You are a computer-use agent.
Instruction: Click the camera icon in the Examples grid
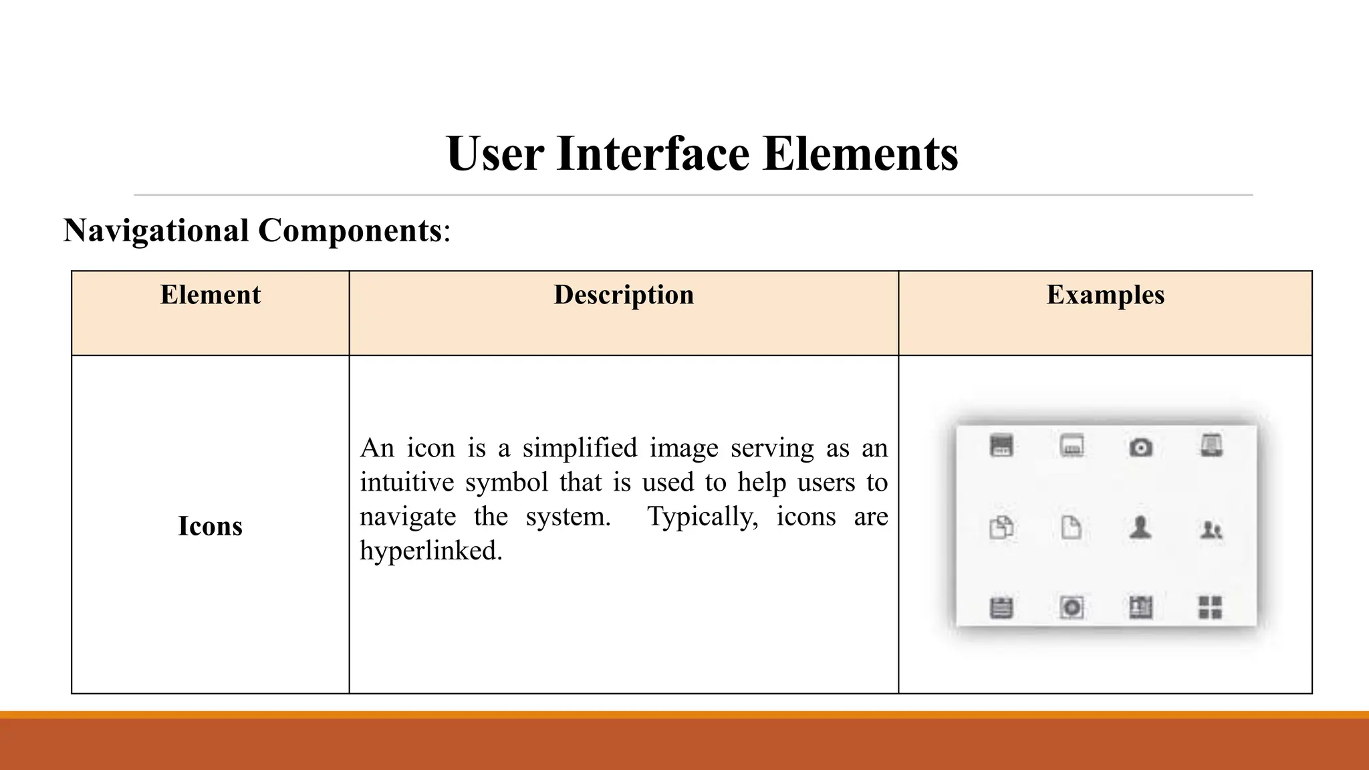(1140, 447)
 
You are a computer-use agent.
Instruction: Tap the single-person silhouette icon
(1140, 528)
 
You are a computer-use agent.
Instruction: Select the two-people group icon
(1211, 531)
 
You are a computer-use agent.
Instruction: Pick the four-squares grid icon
(1210, 608)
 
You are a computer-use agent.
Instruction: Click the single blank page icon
(1072, 527)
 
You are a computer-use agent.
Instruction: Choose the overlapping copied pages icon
(1001, 527)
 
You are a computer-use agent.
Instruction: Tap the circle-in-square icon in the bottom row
(1072, 608)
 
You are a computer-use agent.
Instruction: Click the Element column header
(210, 295)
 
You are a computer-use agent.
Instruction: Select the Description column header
(624, 295)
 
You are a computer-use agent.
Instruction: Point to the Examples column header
(1105, 295)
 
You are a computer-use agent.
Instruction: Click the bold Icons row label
(210, 526)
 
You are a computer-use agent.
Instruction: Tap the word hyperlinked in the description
(430, 551)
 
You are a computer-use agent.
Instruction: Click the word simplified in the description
(580, 448)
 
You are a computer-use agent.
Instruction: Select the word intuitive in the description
(406, 482)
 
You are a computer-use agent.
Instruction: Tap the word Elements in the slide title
(860, 154)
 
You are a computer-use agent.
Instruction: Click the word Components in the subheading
(350, 231)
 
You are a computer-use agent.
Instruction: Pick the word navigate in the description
(408, 517)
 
